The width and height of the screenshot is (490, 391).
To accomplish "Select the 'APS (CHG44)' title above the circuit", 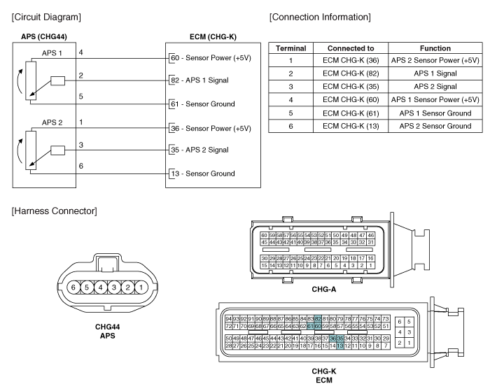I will point(44,36).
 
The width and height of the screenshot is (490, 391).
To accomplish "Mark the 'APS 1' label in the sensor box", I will point(51,52).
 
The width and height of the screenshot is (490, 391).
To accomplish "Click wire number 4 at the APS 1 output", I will point(81,52).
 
